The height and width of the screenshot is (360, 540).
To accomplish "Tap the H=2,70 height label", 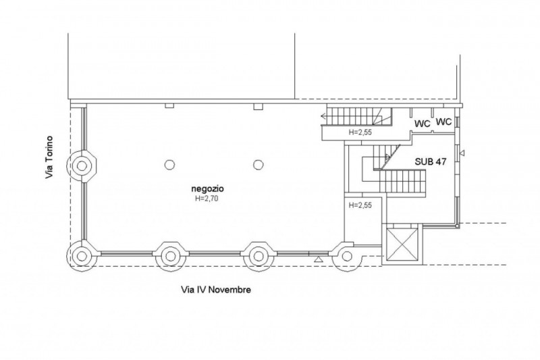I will [204, 199].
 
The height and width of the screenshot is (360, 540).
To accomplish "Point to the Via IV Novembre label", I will [216, 290].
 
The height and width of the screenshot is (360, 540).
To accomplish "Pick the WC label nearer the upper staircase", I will [423, 124].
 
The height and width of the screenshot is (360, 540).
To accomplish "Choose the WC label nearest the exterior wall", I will [443, 122].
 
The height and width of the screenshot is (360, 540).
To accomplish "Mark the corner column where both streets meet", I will [81, 255].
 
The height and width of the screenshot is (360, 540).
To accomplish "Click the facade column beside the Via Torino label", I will [81, 164].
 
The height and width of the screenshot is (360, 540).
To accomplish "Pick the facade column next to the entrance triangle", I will [346, 256].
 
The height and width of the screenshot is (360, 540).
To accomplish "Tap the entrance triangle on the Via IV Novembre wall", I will [318, 258].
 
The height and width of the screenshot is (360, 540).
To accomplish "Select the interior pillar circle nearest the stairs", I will [258, 164].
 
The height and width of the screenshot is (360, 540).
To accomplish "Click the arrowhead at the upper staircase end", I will [324, 118].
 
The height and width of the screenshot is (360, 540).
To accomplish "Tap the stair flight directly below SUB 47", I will [403, 180].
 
